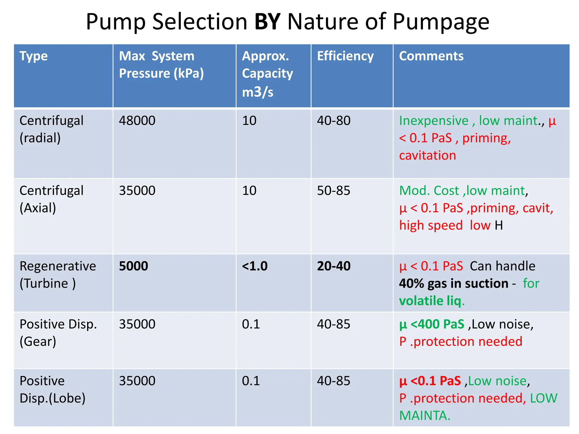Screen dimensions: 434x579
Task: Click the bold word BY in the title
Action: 267,22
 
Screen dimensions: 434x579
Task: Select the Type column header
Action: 33,56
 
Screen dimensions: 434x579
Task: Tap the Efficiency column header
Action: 345,56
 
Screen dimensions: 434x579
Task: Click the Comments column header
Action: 431,56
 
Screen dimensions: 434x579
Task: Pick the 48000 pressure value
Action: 137,121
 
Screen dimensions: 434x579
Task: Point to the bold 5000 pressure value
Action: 133,266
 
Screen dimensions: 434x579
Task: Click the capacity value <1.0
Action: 255,266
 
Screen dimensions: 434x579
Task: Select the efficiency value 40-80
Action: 334,121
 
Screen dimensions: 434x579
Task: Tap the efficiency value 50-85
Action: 334,191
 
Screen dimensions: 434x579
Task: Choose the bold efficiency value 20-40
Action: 334,266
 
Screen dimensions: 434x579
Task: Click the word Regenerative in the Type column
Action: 58,266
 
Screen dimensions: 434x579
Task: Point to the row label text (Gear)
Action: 38,342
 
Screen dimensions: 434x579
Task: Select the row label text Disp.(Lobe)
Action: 52,398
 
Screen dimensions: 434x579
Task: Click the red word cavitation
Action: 427,156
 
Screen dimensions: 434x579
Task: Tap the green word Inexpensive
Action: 434,121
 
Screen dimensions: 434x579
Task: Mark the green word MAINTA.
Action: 425,416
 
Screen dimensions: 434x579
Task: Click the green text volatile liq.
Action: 432,301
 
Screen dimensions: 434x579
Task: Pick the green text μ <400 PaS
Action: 432,324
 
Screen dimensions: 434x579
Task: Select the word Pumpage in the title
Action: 441,22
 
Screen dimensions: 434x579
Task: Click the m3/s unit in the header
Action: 258,92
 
